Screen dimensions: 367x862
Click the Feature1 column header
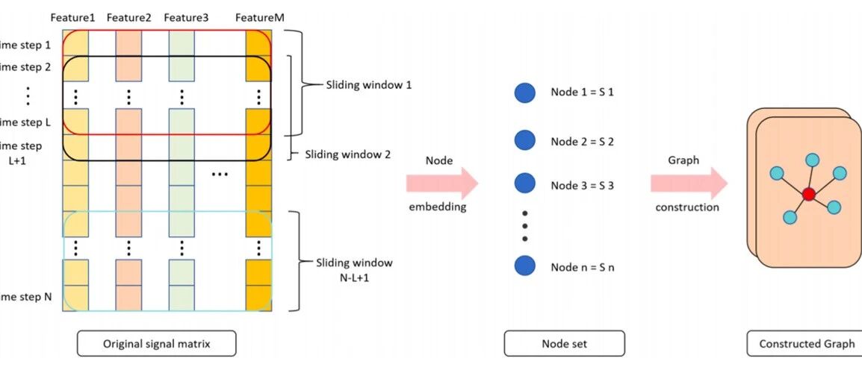pyautogui.click(x=72, y=17)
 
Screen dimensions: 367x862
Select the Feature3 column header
pyautogui.click(x=187, y=17)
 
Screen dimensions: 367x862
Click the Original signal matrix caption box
pyautogui.click(x=156, y=343)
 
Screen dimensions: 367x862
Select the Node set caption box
pyautogui.click(x=564, y=343)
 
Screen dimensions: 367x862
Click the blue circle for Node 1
pyautogui.click(x=525, y=93)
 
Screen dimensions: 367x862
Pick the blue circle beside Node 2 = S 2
pyautogui.click(x=525, y=140)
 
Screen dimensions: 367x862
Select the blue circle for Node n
pyautogui.click(x=525, y=266)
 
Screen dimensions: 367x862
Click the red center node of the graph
pyautogui.click(x=808, y=195)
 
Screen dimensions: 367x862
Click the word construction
pyautogui.click(x=687, y=207)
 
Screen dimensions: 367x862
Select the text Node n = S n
pyautogui.click(x=582, y=267)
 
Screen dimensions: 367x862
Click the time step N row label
pyautogui.click(x=27, y=297)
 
